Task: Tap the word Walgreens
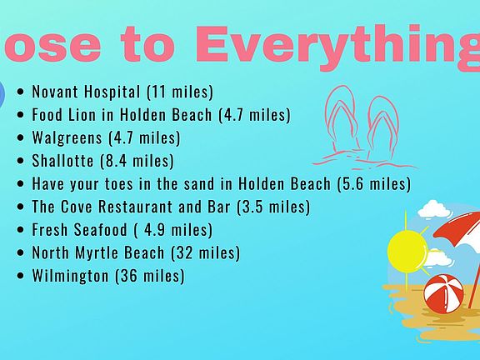pyautogui.click(x=67, y=137)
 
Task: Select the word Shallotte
pyautogui.click(x=62, y=160)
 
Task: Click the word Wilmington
pyautogui.click(x=70, y=275)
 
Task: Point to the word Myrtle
pyautogui.click(x=97, y=252)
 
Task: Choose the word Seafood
pyautogui.click(x=100, y=229)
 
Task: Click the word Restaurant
pyautogui.click(x=135, y=207)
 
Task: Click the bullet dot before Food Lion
pyautogui.click(x=21, y=115)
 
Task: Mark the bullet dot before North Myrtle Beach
pyautogui.click(x=21, y=252)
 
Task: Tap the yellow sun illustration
pyautogui.click(x=407, y=251)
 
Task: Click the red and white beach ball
pyautogui.click(x=443, y=293)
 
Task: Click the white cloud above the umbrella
pyautogui.click(x=434, y=209)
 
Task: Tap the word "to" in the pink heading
pyautogui.click(x=147, y=45)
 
